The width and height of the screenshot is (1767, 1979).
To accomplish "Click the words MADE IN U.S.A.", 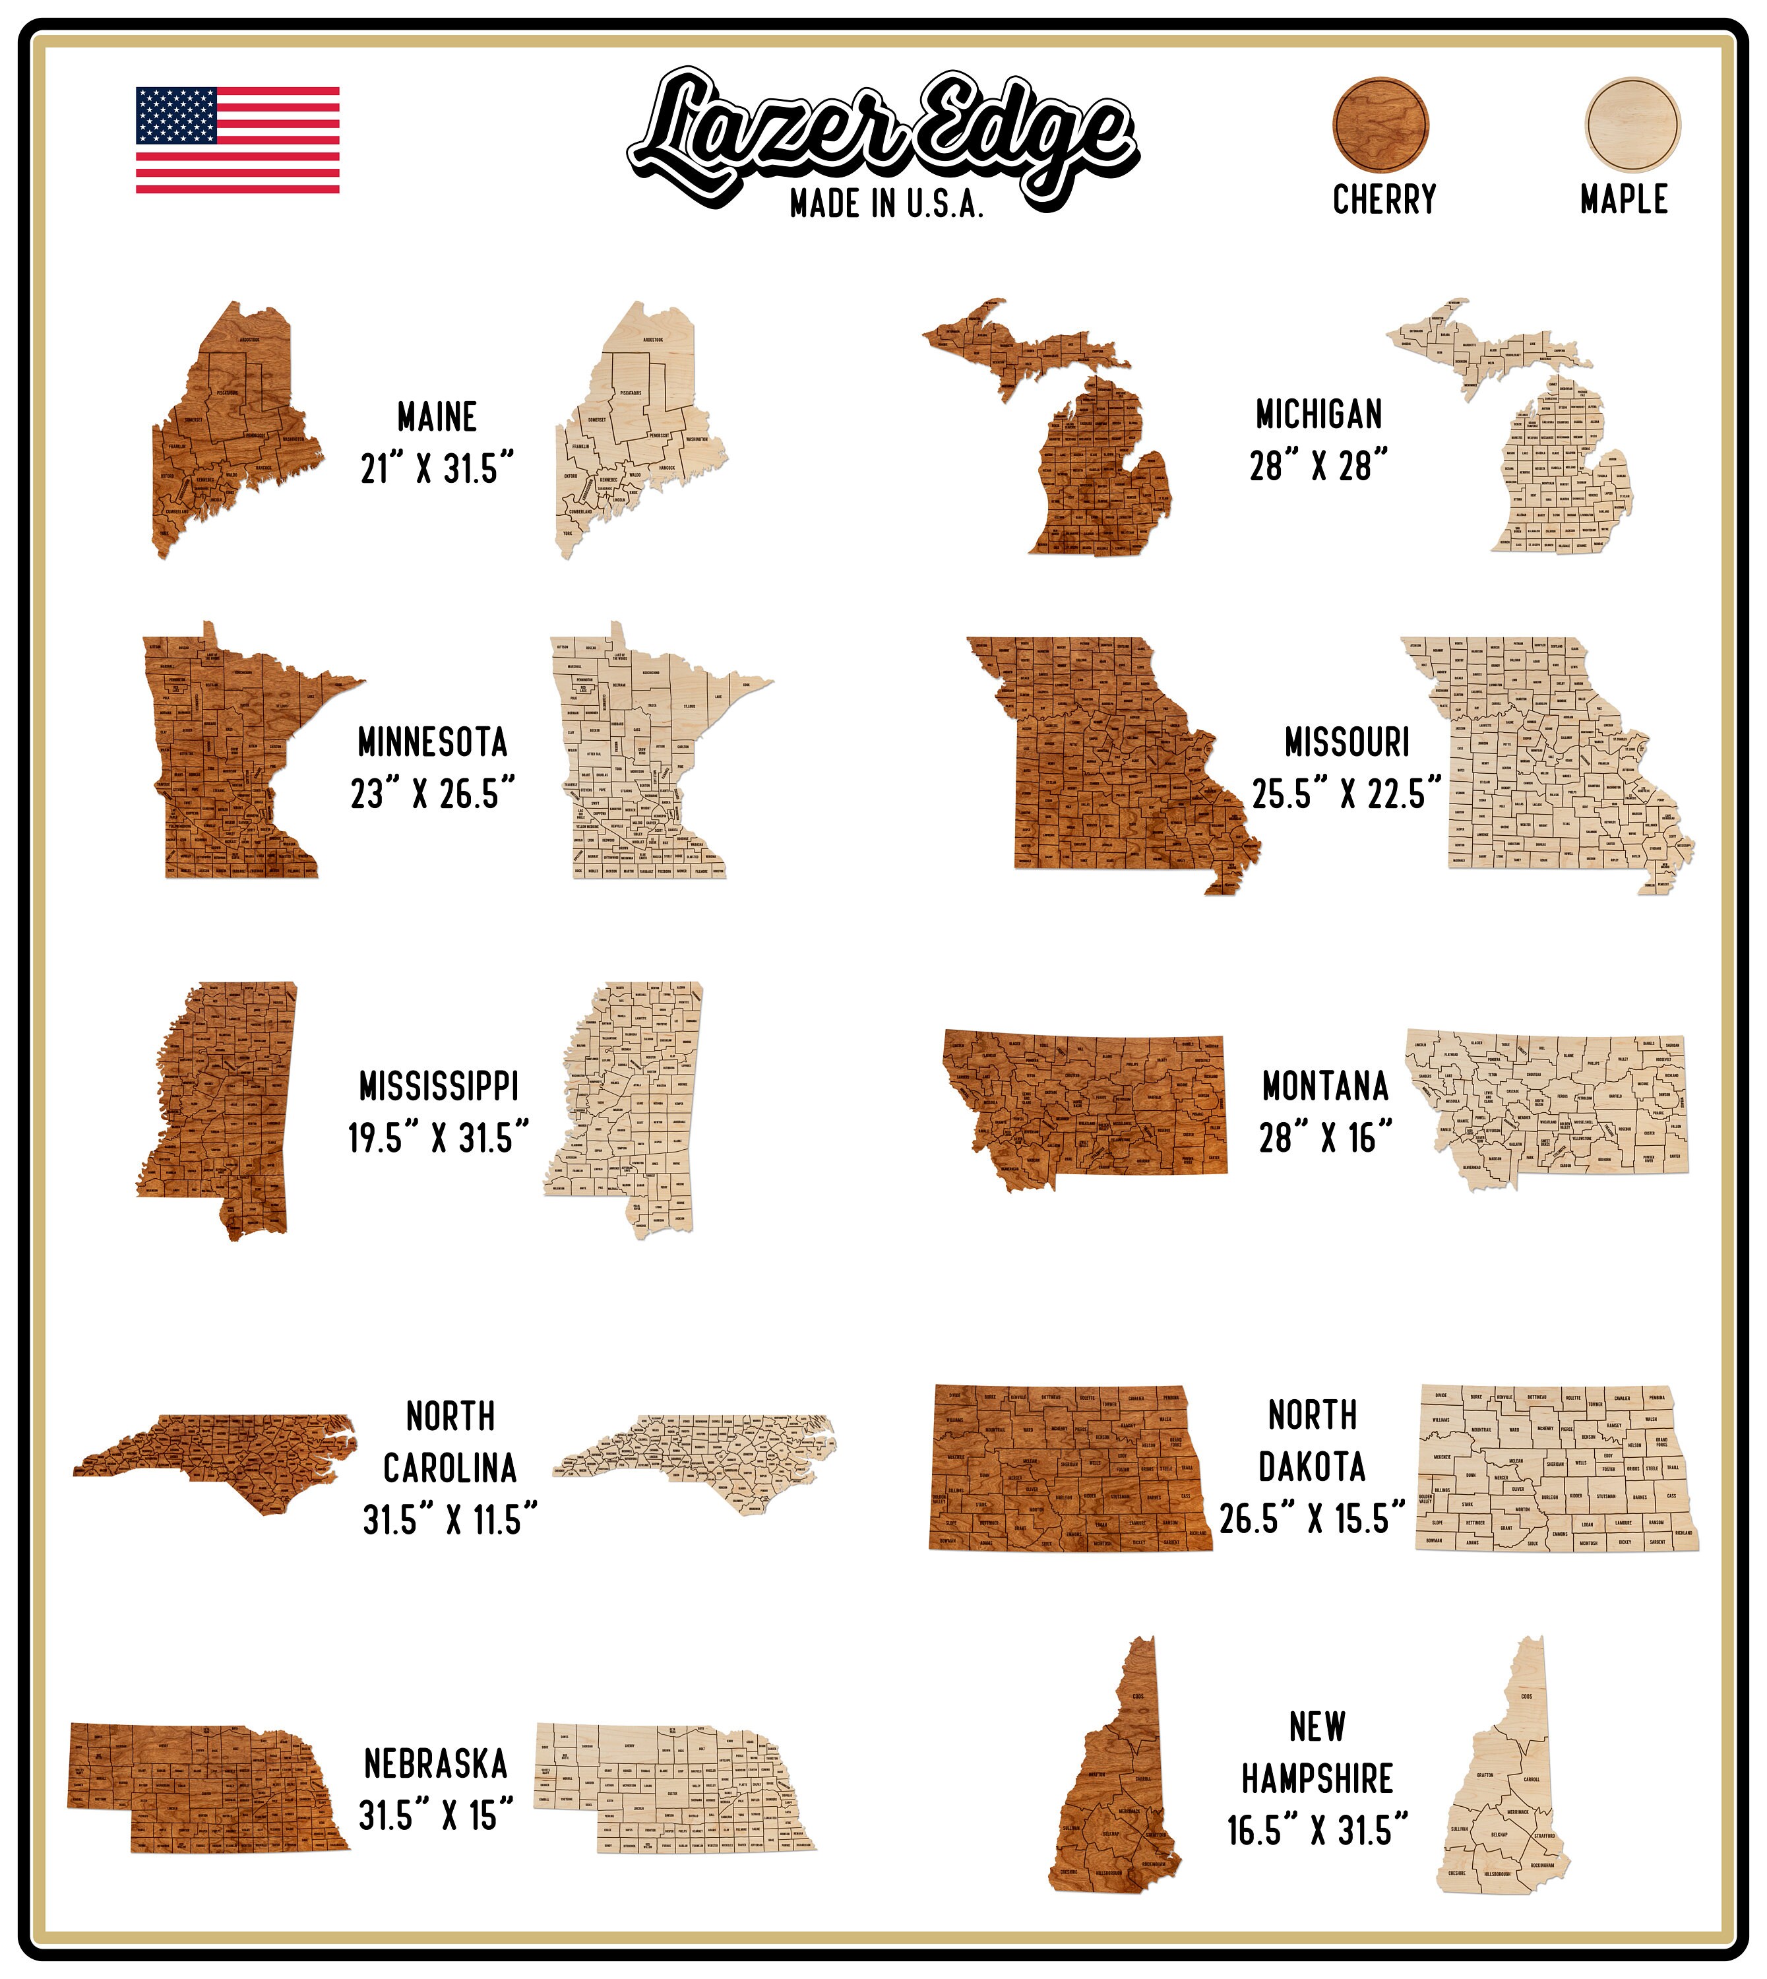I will tap(886, 204).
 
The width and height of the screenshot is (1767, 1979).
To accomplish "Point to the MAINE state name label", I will tap(437, 418).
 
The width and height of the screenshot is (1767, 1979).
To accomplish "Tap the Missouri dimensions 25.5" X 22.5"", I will tap(1346, 794).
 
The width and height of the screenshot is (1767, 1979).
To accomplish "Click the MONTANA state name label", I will tap(1325, 1086).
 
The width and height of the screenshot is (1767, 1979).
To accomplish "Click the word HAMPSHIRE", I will tap(1317, 1779).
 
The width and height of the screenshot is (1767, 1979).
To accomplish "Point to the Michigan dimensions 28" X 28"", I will tap(1318, 467).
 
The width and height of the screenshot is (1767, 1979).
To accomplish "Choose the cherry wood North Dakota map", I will tap(1068, 1466).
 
